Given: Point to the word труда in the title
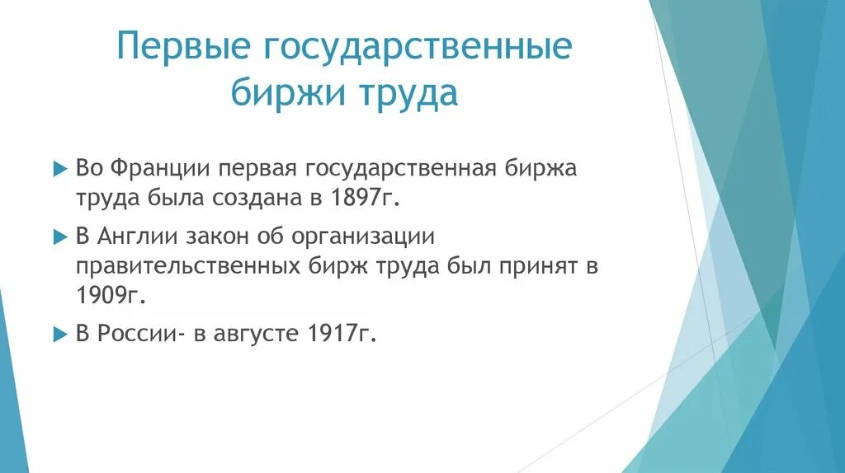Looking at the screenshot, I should coord(406,93).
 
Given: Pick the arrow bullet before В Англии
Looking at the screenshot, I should coord(59,236).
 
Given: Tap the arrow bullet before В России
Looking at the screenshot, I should coord(59,335).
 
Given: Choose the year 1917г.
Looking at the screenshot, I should coord(340,335).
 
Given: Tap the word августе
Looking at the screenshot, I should coord(253,335).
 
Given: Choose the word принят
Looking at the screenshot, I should coord(529,267).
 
